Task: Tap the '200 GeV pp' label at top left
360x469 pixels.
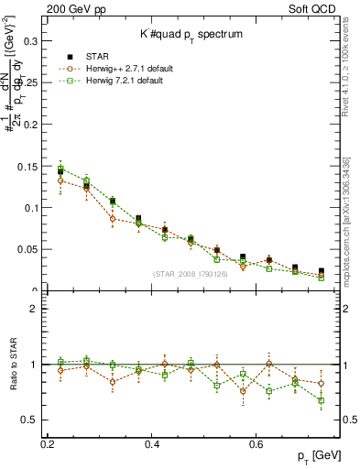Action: [x=72, y=8]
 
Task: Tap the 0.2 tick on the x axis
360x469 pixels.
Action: [x=49, y=444]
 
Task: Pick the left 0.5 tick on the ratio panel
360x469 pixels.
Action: [x=30, y=420]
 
